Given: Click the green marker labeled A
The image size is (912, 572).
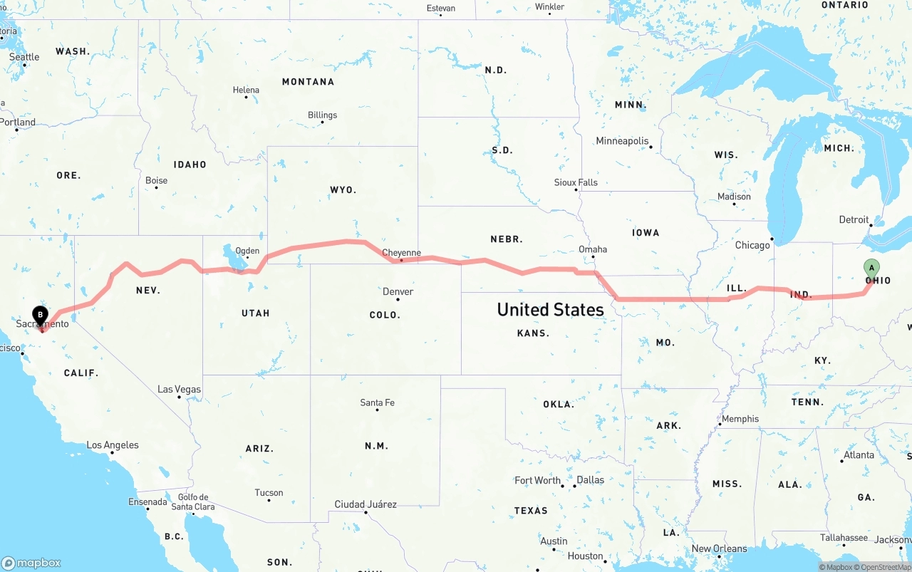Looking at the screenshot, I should pos(871,269).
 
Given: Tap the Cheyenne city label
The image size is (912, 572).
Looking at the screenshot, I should pos(402,253).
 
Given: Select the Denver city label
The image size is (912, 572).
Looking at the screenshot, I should pos(398,291).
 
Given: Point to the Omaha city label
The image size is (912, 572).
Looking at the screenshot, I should pos(593,249).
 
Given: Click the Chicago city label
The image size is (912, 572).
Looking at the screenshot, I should pos(752,245).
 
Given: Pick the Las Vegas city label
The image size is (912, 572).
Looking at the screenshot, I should pos(179,390).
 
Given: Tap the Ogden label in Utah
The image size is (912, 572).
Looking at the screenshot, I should pos(247,251).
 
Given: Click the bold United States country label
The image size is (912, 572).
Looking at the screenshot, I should pos(550,309).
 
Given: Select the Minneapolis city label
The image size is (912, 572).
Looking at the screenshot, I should pos(622,141).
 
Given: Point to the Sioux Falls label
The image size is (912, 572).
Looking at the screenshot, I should pos(576,182).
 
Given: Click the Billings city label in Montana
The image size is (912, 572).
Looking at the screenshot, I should pos(322,115).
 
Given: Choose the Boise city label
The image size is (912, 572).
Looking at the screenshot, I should pos(156,181).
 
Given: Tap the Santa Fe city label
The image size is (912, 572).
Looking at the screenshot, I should pos(377,403).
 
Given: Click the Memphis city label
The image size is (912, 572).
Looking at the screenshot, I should pos(740,419).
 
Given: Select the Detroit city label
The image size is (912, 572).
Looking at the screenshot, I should pos(854,220).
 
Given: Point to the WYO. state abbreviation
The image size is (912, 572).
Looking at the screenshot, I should pos(343,190).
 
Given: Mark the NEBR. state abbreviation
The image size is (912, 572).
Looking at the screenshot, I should pos(506,239).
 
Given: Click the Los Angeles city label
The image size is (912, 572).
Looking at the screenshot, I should pos(113,445).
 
